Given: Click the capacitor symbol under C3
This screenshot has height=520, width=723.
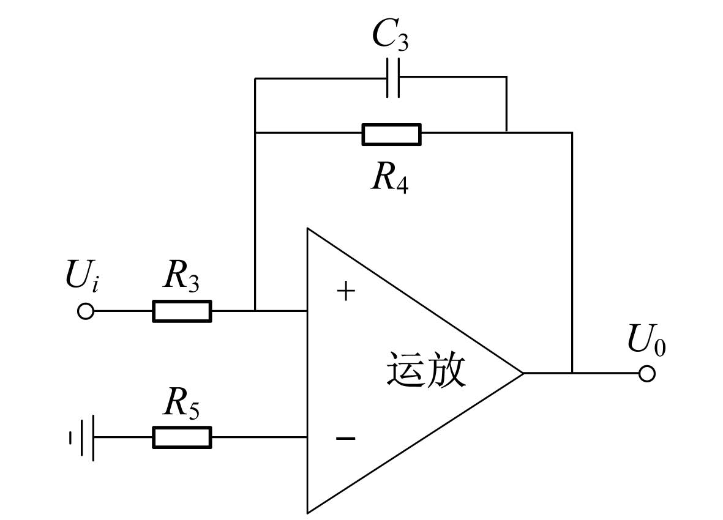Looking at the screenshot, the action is pos(393,78).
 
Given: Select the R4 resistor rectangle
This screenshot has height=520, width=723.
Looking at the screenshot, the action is pos(391,135).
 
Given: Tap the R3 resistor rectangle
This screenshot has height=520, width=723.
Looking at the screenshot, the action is pos(182,311).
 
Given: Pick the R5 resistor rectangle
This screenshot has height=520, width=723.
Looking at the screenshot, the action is pos(182,437).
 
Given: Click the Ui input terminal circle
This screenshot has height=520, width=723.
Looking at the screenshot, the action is pos(86,311).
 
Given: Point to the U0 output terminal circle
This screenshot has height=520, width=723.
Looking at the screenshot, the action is pos(647,374).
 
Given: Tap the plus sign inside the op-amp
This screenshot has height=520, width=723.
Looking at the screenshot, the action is pos(346,292).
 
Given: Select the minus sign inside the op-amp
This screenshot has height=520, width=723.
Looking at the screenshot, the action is pos(346,438).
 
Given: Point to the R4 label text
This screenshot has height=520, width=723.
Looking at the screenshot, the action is pos(390,178).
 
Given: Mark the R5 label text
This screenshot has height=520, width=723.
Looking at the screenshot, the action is pos(181,403).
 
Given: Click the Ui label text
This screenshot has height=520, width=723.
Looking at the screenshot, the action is pos(82,275).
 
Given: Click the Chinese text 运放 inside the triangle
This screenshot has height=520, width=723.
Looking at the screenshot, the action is pos(426,370).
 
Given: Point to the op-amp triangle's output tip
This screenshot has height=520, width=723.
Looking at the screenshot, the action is pos(524,373).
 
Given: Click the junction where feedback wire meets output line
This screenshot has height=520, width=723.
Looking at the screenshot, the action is pos(572,373).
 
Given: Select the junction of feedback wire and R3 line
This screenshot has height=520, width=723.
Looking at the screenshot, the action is pos(255,311).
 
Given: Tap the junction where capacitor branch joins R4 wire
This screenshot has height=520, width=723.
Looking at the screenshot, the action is pos(507,133).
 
